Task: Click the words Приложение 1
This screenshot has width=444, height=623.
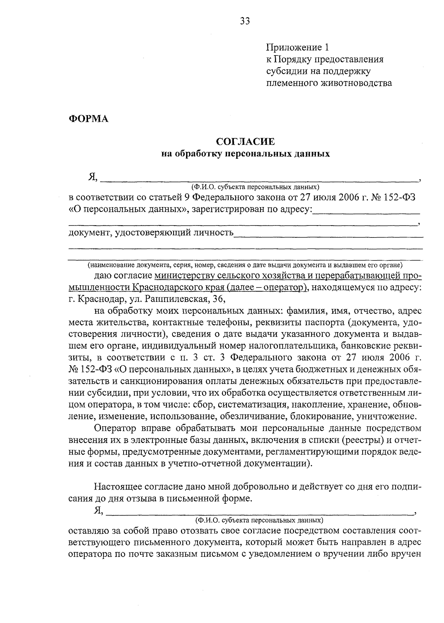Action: [297, 47]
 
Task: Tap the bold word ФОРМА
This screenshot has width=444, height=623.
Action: [88, 119]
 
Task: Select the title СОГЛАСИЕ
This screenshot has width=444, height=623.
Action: [245, 141]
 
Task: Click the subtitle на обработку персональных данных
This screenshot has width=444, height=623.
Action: [245, 153]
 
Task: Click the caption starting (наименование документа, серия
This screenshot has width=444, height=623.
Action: [245, 265]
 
